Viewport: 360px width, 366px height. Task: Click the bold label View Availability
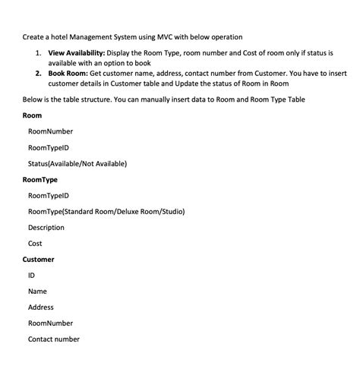point(77,52)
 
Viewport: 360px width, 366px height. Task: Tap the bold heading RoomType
point(39,179)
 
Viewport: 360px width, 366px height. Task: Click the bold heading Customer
point(38,259)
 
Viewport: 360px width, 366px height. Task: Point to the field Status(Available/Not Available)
point(77,163)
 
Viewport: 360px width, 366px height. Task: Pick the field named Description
point(46,227)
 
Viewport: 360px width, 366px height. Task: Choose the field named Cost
point(35,243)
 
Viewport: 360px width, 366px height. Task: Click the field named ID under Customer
point(31,275)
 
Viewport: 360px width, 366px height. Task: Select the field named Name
point(37,291)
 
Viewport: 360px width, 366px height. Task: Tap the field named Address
point(40,307)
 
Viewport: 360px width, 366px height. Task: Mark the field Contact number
point(53,339)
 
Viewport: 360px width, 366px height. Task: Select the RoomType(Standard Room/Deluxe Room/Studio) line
point(106,211)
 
